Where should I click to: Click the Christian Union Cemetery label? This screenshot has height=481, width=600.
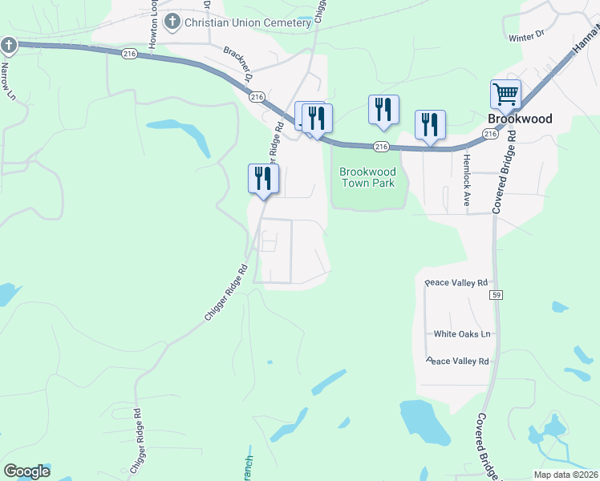(247, 22)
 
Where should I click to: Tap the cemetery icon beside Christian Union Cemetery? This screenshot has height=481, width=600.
(172, 22)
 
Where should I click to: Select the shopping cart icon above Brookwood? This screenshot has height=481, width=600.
(506, 95)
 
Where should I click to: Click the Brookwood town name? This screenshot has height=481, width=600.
(520, 119)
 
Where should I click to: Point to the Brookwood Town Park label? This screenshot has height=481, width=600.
(367, 177)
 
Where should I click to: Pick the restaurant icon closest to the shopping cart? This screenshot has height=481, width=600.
(430, 125)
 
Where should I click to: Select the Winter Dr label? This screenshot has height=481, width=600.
(526, 34)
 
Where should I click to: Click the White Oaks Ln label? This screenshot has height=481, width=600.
(462, 333)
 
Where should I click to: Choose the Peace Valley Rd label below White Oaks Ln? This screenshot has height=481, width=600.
(457, 362)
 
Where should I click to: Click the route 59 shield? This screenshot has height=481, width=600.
(497, 296)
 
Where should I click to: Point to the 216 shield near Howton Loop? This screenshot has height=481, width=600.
(131, 54)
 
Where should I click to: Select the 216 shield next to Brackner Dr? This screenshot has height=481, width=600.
(257, 96)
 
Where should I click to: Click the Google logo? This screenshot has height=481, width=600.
(26, 471)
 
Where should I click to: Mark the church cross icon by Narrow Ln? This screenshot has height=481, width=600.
(9, 45)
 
